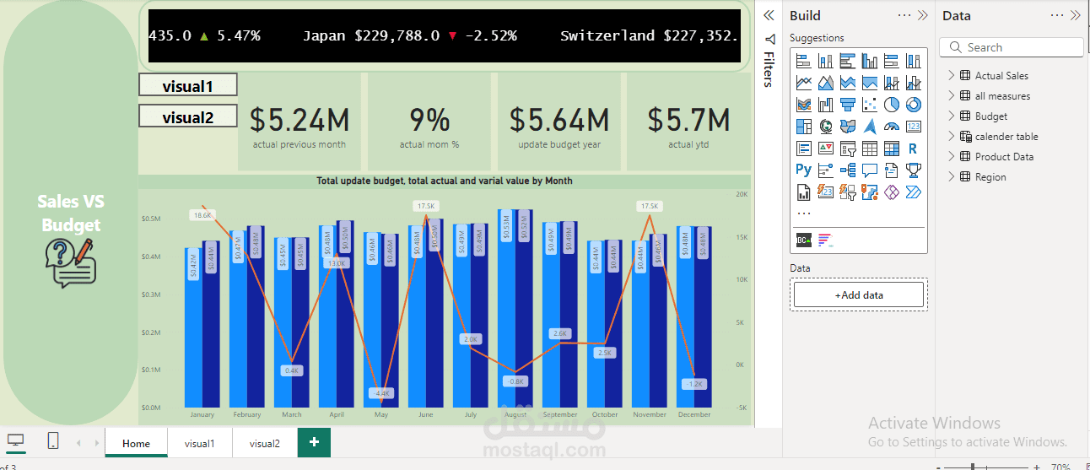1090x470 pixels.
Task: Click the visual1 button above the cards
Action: [188, 85]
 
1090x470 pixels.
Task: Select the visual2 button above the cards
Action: [188, 117]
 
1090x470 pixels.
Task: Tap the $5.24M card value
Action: [299, 121]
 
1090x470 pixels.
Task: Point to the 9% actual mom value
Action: [429, 121]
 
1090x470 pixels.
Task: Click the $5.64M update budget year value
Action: [559, 121]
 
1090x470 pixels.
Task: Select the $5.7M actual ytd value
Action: [688, 121]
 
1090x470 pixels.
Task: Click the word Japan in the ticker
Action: [324, 35]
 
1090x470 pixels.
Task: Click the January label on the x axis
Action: [202, 414]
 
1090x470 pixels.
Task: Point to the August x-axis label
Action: [515, 414]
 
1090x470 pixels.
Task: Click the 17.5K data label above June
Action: [426, 206]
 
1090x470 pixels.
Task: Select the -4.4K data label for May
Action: [381, 393]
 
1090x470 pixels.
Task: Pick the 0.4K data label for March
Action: [292, 370]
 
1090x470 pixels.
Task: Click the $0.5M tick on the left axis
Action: [151, 219]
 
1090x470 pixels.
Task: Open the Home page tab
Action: [136, 443]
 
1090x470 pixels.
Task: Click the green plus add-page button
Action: [314, 442]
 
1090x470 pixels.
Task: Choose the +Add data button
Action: [859, 294]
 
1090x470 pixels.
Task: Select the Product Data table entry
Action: [1004, 157]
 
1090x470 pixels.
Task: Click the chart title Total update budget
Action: [444, 181]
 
